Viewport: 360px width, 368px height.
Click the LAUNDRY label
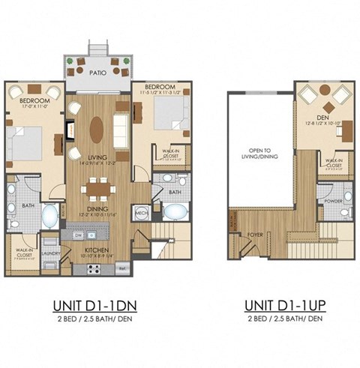(x=52, y=253)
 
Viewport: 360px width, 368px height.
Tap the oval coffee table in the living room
(x=98, y=127)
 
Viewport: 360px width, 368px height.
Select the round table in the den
(x=323, y=91)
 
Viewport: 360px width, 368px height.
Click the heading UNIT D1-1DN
(x=97, y=305)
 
